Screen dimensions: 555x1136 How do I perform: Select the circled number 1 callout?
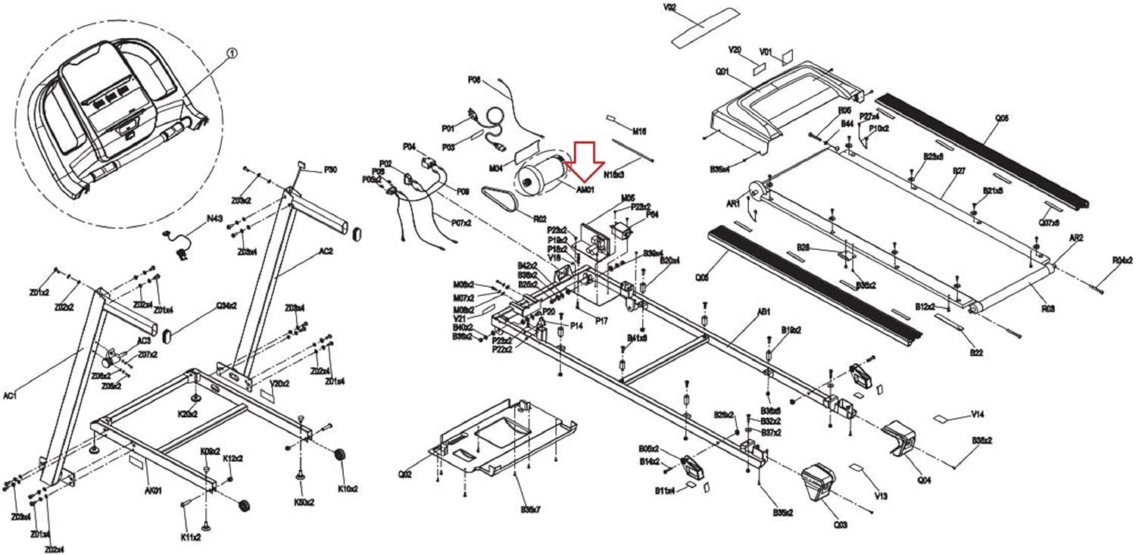coord(232,54)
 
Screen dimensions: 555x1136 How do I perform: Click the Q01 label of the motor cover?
coord(721,72)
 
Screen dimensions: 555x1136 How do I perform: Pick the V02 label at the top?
coord(669,8)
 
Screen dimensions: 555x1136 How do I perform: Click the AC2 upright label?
coord(326,251)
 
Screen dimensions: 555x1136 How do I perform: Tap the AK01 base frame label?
coord(153,491)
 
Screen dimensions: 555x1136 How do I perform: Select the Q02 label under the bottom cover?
coord(406,475)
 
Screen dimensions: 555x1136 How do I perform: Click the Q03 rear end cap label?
coord(840,524)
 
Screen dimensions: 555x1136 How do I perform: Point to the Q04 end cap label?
coord(925,479)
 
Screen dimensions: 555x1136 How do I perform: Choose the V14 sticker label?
coord(977,414)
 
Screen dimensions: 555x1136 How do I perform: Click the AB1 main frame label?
coord(764,311)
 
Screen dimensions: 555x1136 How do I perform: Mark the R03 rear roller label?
coord(1048,308)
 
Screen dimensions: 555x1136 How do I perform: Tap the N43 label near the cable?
coord(215,218)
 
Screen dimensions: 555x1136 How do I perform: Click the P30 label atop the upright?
coord(331,170)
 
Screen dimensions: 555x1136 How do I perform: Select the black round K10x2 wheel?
coord(340,455)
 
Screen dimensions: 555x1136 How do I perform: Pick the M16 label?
coord(638,131)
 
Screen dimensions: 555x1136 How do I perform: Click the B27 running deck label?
coord(959,171)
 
